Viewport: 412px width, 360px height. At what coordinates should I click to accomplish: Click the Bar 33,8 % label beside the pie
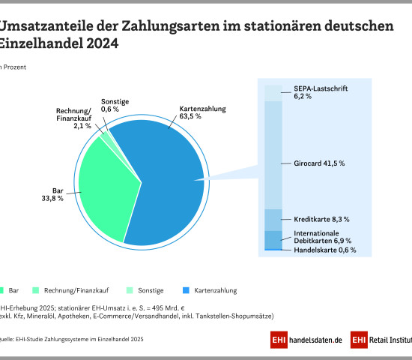pyautogui.click(x=53, y=194)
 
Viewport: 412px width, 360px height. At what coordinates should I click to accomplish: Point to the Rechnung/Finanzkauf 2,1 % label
pyautogui.click(x=73, y=120)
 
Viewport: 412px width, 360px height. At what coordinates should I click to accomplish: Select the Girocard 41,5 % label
pyautogui.click(x=315, y=163)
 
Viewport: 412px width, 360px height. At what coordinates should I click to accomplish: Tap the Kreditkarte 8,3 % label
pyautogui.click(x=321, y=219)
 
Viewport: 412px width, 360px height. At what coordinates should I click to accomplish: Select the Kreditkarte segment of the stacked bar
pyautogui.click(x=273, y=220)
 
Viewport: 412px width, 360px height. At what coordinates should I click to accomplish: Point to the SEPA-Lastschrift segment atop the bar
pyautogui.click(x=273, y=92)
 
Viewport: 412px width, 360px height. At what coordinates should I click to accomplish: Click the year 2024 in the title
pyautogui.click(x=97, y=43)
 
